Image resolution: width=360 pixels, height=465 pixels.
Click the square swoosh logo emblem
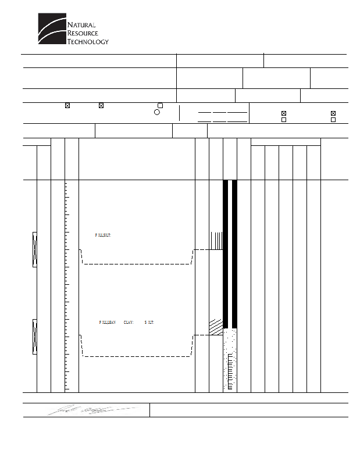[51, 30]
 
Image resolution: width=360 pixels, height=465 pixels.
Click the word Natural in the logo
[81, 24]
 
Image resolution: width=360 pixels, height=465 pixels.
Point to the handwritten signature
[93, 409]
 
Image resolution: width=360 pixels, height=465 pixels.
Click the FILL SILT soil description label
[103, 235]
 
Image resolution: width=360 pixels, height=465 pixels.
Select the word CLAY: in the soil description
[129, 321]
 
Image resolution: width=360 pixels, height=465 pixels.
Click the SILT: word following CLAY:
[149, 321]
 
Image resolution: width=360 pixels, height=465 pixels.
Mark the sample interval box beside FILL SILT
[34, 249]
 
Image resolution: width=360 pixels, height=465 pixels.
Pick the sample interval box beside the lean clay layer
[34, 337]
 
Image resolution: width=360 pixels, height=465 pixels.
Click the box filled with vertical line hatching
[216, 241]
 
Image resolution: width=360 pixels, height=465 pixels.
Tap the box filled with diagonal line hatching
[216, 326]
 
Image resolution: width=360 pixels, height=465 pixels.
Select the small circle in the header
[157, 112]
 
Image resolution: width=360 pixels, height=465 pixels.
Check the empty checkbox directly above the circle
[161, 105]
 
